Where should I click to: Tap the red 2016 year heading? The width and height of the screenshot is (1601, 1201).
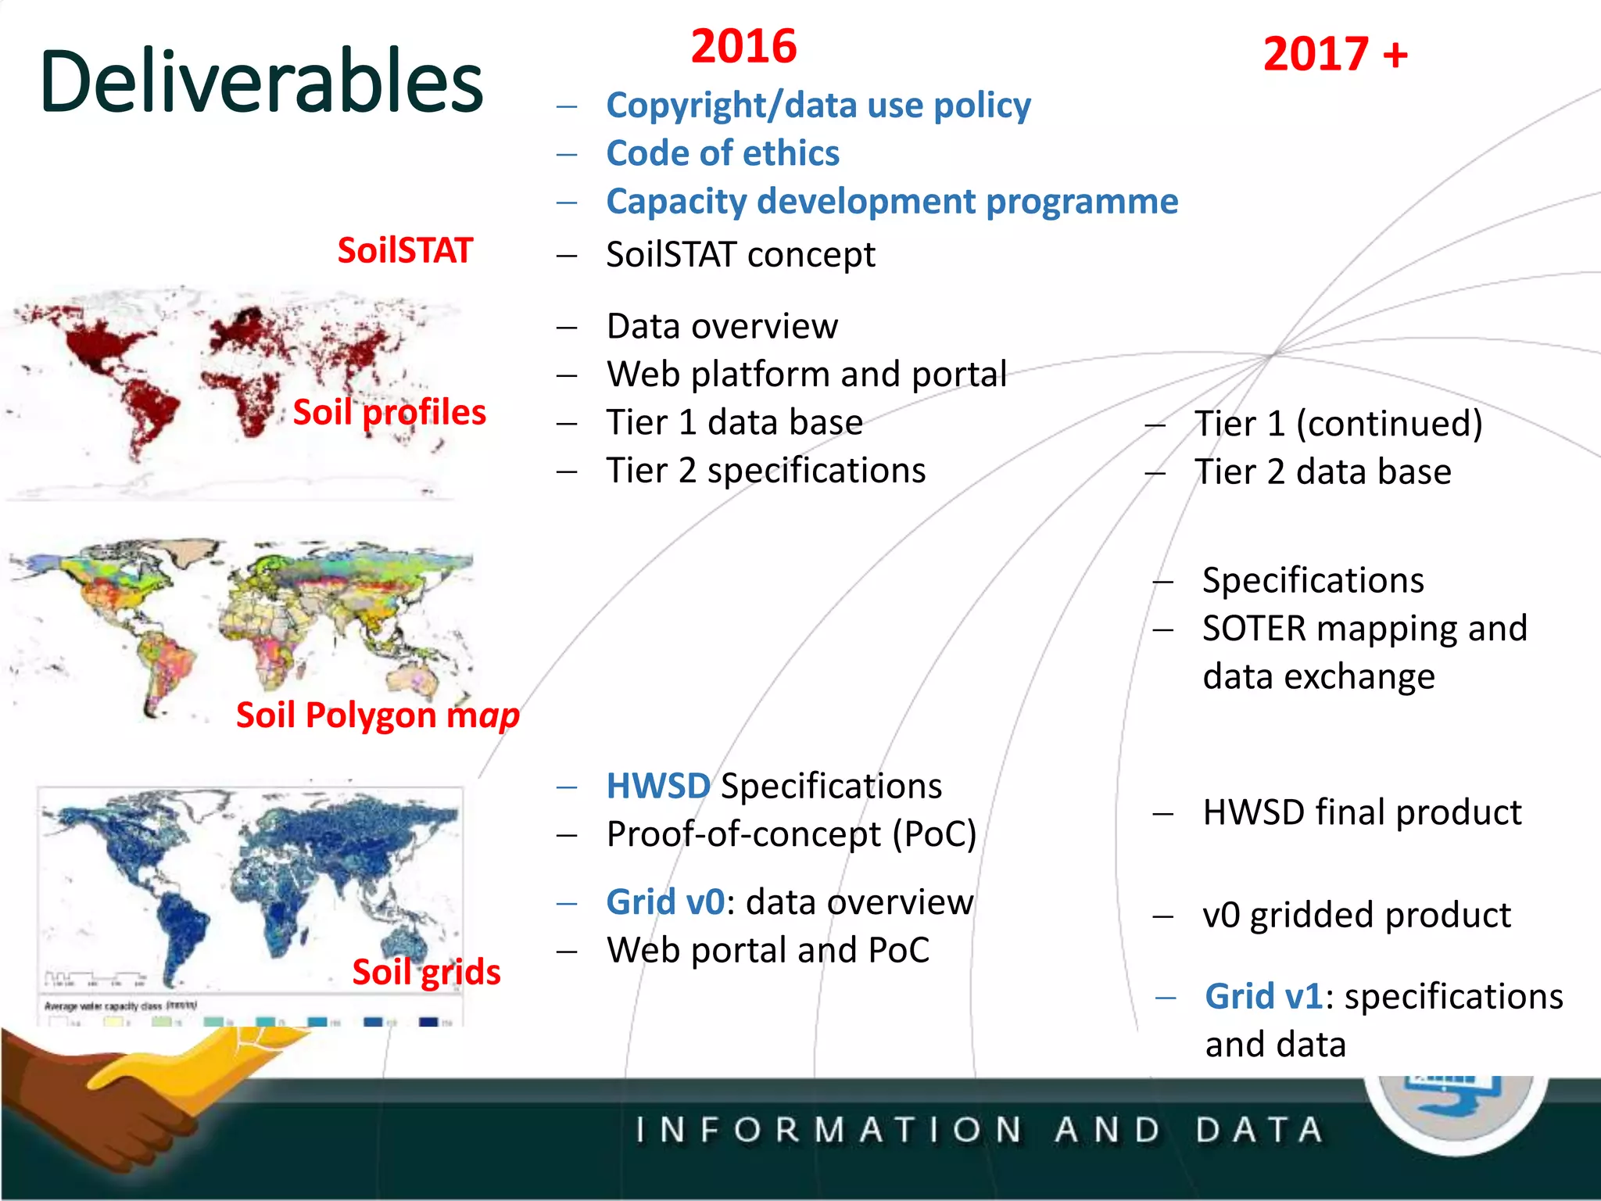743,46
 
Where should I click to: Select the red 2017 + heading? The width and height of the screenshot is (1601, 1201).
1335,55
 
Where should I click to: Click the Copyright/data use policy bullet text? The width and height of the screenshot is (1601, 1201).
818,106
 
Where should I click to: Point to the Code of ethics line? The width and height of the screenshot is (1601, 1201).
722,153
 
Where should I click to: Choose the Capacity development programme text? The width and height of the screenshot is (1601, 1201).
891,202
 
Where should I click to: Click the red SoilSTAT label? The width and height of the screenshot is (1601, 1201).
405,251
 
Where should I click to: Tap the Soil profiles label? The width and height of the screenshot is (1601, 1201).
389,412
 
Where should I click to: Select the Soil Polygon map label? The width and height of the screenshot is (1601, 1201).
378,715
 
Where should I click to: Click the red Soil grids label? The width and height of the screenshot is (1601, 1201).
426,972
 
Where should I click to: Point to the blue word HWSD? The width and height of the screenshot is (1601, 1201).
658,786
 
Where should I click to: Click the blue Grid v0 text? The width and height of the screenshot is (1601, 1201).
665,902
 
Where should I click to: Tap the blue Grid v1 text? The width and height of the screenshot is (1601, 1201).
1263,997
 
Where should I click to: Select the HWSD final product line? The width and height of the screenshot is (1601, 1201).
1362,812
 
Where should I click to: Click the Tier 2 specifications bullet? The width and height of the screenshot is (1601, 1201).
765,471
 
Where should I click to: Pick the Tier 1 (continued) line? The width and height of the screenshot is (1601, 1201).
1338,424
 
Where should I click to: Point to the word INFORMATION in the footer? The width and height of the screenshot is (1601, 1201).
829,1130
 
